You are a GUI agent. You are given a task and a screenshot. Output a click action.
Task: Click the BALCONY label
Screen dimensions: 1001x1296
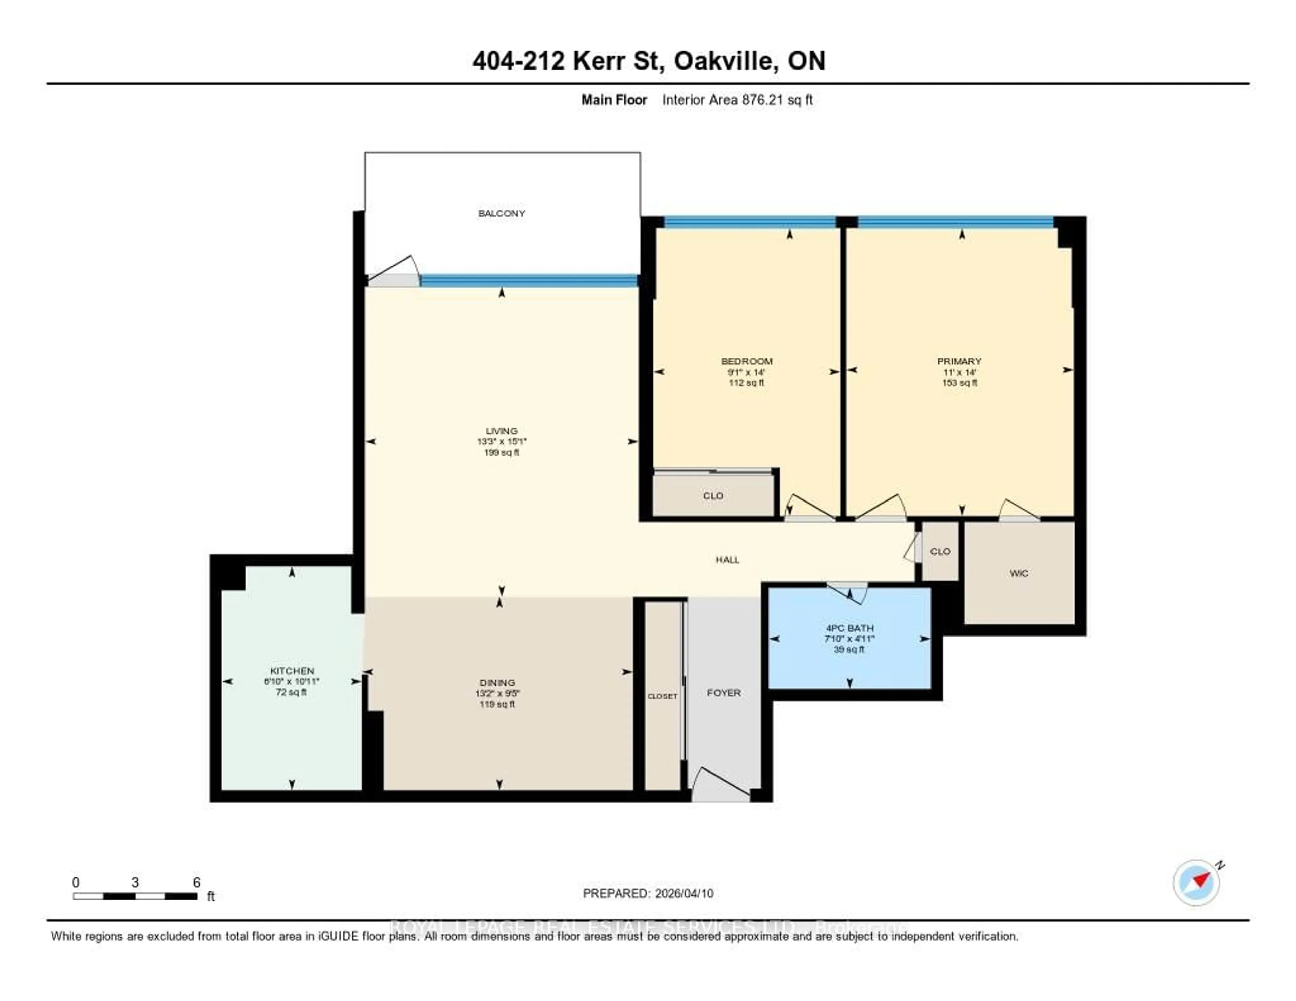click(502, 213)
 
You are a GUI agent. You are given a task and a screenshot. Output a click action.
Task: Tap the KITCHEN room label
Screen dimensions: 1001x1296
click(292, 671)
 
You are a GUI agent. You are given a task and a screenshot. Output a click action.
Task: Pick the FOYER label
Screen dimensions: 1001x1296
click(723, 693)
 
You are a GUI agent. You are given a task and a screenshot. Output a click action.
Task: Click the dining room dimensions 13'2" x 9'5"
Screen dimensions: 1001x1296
click(497, 693)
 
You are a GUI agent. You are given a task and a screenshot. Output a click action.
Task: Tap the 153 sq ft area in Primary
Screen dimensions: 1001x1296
click(960, 383)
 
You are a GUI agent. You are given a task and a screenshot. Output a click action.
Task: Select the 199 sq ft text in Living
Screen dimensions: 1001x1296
click(502, 452)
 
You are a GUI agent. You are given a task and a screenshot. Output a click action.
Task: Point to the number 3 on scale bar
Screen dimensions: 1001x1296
click(135, 882)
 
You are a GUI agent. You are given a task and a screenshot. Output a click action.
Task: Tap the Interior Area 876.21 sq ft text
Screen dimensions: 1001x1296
click(737, 100)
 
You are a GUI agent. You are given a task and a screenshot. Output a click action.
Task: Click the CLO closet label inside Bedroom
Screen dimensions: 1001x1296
click(713, 495)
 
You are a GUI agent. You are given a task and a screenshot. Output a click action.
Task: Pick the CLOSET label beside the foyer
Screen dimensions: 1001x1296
click(662, 696)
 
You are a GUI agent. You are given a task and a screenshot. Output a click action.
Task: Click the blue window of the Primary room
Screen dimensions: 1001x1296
click(955, 222)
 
